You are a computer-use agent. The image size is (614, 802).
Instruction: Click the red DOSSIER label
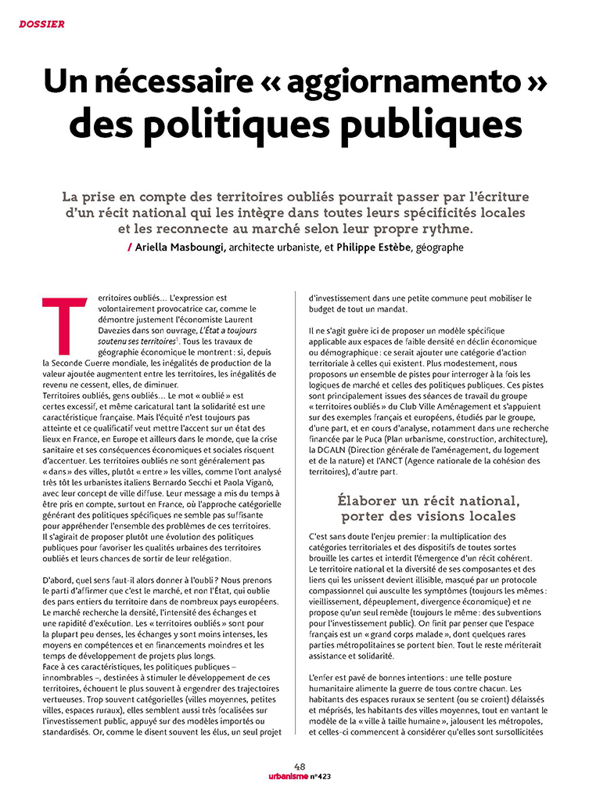(x=41, y=23)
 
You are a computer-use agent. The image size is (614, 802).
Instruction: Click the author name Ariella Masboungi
(x=181, y=247)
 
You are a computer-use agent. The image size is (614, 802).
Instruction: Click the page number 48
(x=300, y=766)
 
